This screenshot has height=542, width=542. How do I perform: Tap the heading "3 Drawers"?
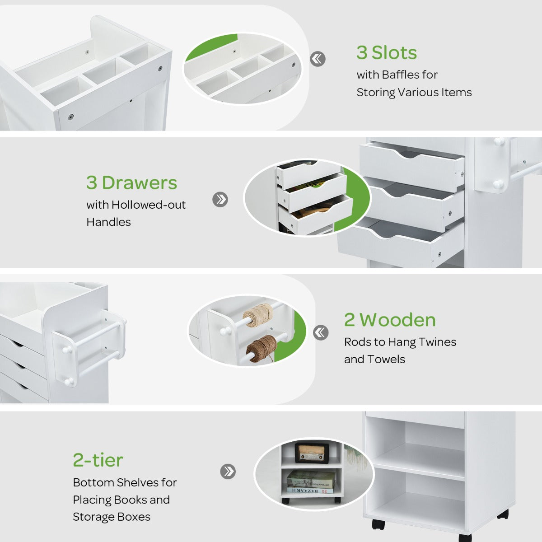click(x=131, y=183)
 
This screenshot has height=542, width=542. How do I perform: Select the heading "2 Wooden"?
click(x=390, y=320)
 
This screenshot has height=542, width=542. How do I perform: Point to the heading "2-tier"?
click(x=98, y=460)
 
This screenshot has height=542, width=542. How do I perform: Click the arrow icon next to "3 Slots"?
click(x=318, y=59)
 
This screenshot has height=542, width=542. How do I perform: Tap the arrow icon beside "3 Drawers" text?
click(x=220, y=200)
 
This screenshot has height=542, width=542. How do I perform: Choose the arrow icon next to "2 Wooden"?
click(x=321, y=332)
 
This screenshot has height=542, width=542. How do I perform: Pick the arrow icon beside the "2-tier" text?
click(x=228, y=472)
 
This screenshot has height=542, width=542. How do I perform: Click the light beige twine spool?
click(x=258, y=315)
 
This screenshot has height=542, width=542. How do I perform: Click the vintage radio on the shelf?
click(x=312, y=453)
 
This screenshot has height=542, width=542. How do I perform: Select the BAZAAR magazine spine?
click(x=310, y=491)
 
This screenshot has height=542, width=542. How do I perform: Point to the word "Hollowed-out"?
click(x=149, y=205)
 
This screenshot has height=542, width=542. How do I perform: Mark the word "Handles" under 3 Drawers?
click(x=108, y=222)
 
